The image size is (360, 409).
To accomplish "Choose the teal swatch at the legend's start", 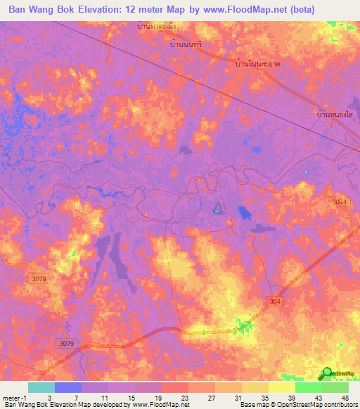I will click(41, 387).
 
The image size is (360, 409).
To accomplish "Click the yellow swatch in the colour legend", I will click(281, 387).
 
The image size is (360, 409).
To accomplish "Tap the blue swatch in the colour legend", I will click(68, 387).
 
